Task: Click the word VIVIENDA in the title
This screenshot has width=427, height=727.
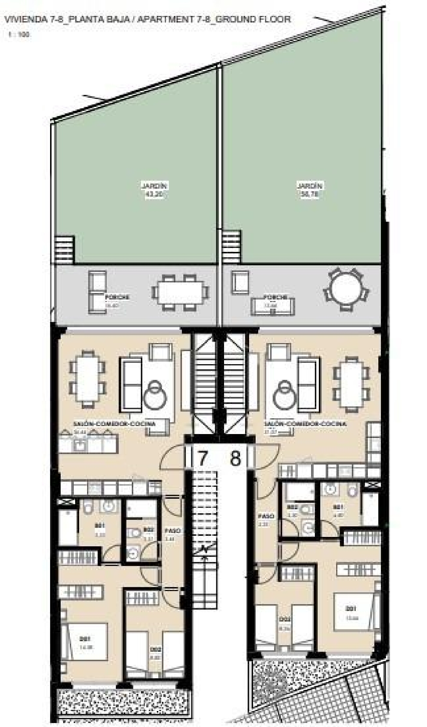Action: (25, 20)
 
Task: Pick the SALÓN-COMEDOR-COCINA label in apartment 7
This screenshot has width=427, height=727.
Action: (114, 424)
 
